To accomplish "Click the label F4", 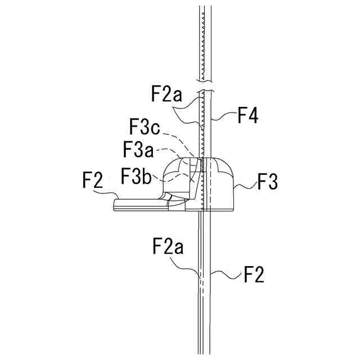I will (x=248, y=117).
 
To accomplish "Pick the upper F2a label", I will (x=167, y=93).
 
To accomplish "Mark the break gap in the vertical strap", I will (x=205, y=89).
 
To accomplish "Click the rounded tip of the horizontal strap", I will (x=116, y=205).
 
